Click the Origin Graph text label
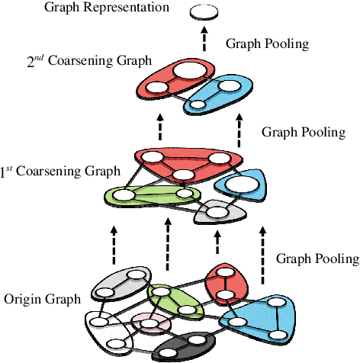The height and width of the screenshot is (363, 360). (42, 299)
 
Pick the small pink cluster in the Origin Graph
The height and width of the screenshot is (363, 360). (149, 323)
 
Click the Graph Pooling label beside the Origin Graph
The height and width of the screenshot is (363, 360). (316, 259)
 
